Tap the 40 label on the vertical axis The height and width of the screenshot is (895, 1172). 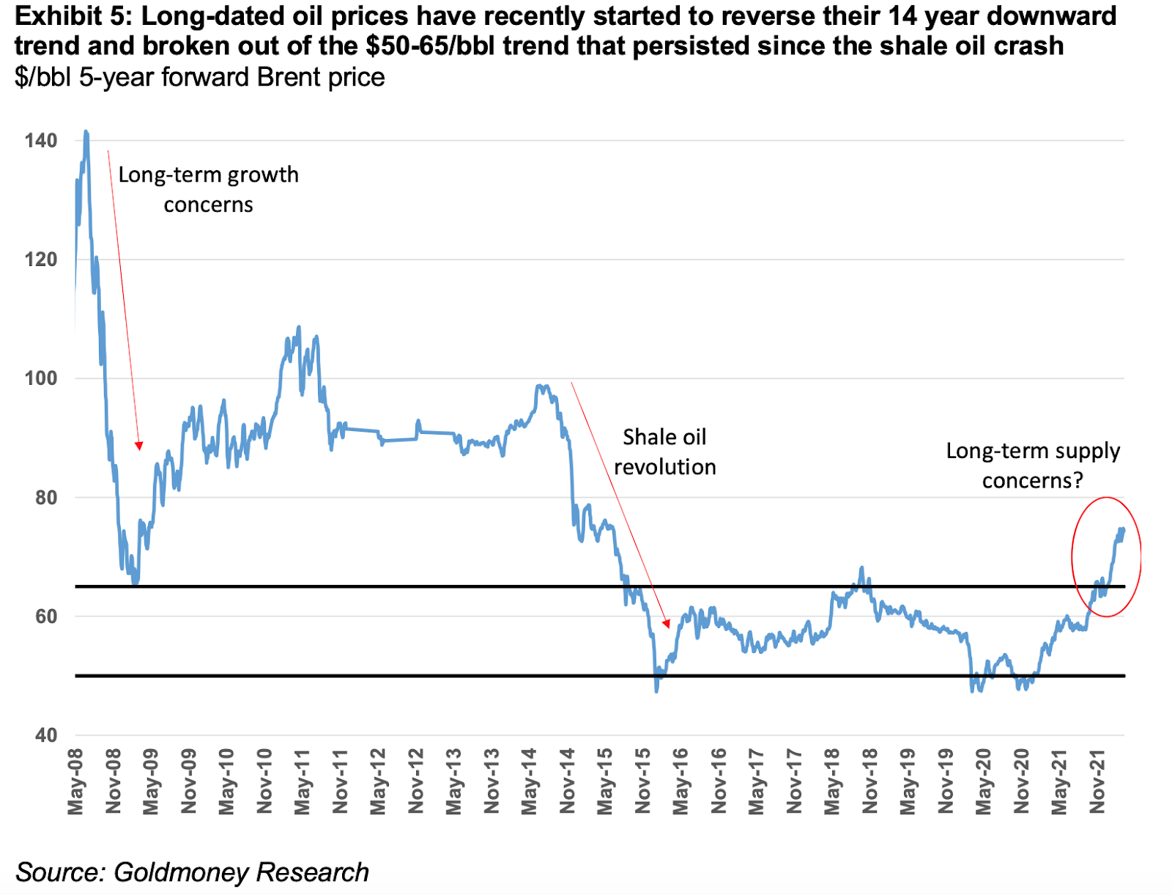(45, 735)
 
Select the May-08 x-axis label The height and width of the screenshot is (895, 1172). (75, 781)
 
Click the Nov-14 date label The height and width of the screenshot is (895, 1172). (567, 781)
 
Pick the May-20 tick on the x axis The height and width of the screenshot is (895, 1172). (983, 781)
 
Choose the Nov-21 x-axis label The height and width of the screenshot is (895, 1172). (1097, 781)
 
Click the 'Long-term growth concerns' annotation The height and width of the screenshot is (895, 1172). (209, 189)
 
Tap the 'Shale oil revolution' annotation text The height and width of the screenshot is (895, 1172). (664, 452)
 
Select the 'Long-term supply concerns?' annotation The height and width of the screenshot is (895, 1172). (1033, 465)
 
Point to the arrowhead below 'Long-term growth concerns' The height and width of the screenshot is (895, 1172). (139, 446)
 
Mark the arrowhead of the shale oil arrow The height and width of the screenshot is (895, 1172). (666, 624)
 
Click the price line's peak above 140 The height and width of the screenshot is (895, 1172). (86, 133)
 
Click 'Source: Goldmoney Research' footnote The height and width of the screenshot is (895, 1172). (192, 872)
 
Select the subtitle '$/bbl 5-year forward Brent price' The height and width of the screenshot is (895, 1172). (199, 77)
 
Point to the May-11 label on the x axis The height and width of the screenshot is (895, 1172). (303, 781)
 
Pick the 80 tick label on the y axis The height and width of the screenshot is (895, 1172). (45, 498)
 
